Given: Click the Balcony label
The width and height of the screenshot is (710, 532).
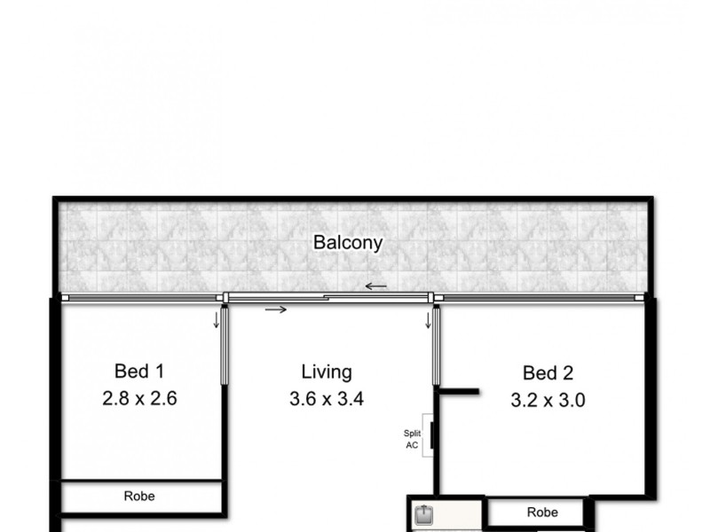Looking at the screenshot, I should coord(347,243).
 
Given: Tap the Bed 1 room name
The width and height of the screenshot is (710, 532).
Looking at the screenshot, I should coord(139,371).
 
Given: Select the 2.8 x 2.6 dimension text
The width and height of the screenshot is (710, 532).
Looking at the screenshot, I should coord(140,399).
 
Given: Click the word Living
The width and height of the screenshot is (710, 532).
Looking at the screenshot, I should coord(326,372).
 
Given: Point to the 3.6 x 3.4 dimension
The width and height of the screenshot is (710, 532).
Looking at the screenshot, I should coord(327,400).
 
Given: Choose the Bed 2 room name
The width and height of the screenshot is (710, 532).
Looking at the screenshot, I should coord(548,372).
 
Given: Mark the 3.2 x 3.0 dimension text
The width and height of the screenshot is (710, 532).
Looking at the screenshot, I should coord(548,400).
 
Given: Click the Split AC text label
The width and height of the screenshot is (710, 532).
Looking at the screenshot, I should coord(414,438).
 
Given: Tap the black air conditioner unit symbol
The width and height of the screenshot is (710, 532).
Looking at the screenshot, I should coord(431,436).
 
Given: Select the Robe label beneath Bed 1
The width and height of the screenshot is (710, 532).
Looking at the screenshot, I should coord(139,497).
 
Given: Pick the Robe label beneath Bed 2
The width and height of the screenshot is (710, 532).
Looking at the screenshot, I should coord(541,512).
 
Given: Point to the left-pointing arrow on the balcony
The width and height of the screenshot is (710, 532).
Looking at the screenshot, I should coord(375,286).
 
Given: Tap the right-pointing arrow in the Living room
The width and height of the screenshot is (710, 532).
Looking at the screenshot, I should coord(276,309).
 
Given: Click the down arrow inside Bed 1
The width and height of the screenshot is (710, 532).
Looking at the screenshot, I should coord(216,319).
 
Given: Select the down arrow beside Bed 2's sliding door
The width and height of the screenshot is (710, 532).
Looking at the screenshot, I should coord(428,319).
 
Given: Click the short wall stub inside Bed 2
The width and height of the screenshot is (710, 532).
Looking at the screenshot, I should coord(460,390).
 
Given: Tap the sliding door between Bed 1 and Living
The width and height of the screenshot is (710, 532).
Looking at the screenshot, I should coord(225,345).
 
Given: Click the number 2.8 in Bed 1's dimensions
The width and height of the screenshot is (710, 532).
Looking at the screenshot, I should coord(114,399).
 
